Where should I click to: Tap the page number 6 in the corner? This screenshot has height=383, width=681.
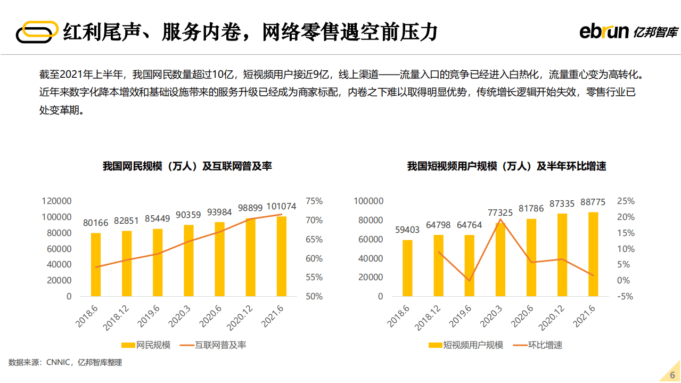[x=672, y=374]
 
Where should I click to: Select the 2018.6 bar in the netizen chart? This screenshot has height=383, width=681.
[x=96, y=264]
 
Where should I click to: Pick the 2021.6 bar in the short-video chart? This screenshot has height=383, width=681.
[x=593, y=254]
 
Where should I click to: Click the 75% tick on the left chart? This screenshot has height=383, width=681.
[x=314, y=201]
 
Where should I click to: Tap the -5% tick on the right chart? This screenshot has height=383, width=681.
[x=625, y=297]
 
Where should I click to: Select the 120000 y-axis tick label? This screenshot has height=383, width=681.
[x=56, y=201]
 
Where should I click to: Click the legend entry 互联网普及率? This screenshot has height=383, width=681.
[x=219, y=345]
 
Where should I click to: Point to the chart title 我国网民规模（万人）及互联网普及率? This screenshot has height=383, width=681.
[x=187, y=166]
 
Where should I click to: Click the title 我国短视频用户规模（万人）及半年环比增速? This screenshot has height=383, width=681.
[x=506, y=166]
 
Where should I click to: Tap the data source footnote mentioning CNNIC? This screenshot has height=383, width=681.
[x=65, y=363]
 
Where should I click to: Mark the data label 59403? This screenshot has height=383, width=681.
[x=407, y=230]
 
